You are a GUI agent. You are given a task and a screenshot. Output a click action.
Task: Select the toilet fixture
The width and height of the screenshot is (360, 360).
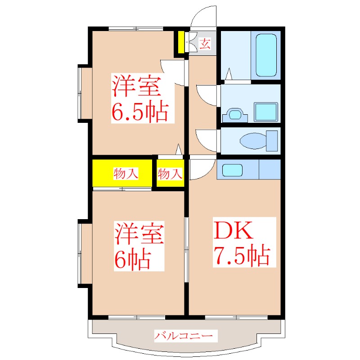click(261, 141)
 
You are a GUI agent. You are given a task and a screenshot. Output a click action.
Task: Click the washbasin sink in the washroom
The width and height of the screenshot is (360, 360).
click(235, 114)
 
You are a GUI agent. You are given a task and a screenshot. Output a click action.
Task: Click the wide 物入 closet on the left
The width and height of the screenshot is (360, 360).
click(123, 173)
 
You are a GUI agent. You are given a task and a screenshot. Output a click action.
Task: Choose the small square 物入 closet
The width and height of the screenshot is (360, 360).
click(170, 173)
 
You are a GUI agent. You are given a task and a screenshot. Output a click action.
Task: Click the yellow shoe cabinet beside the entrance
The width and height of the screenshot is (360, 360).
click(181, 42)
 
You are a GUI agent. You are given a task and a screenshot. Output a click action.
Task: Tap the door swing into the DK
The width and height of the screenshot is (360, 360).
click(201, 169)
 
